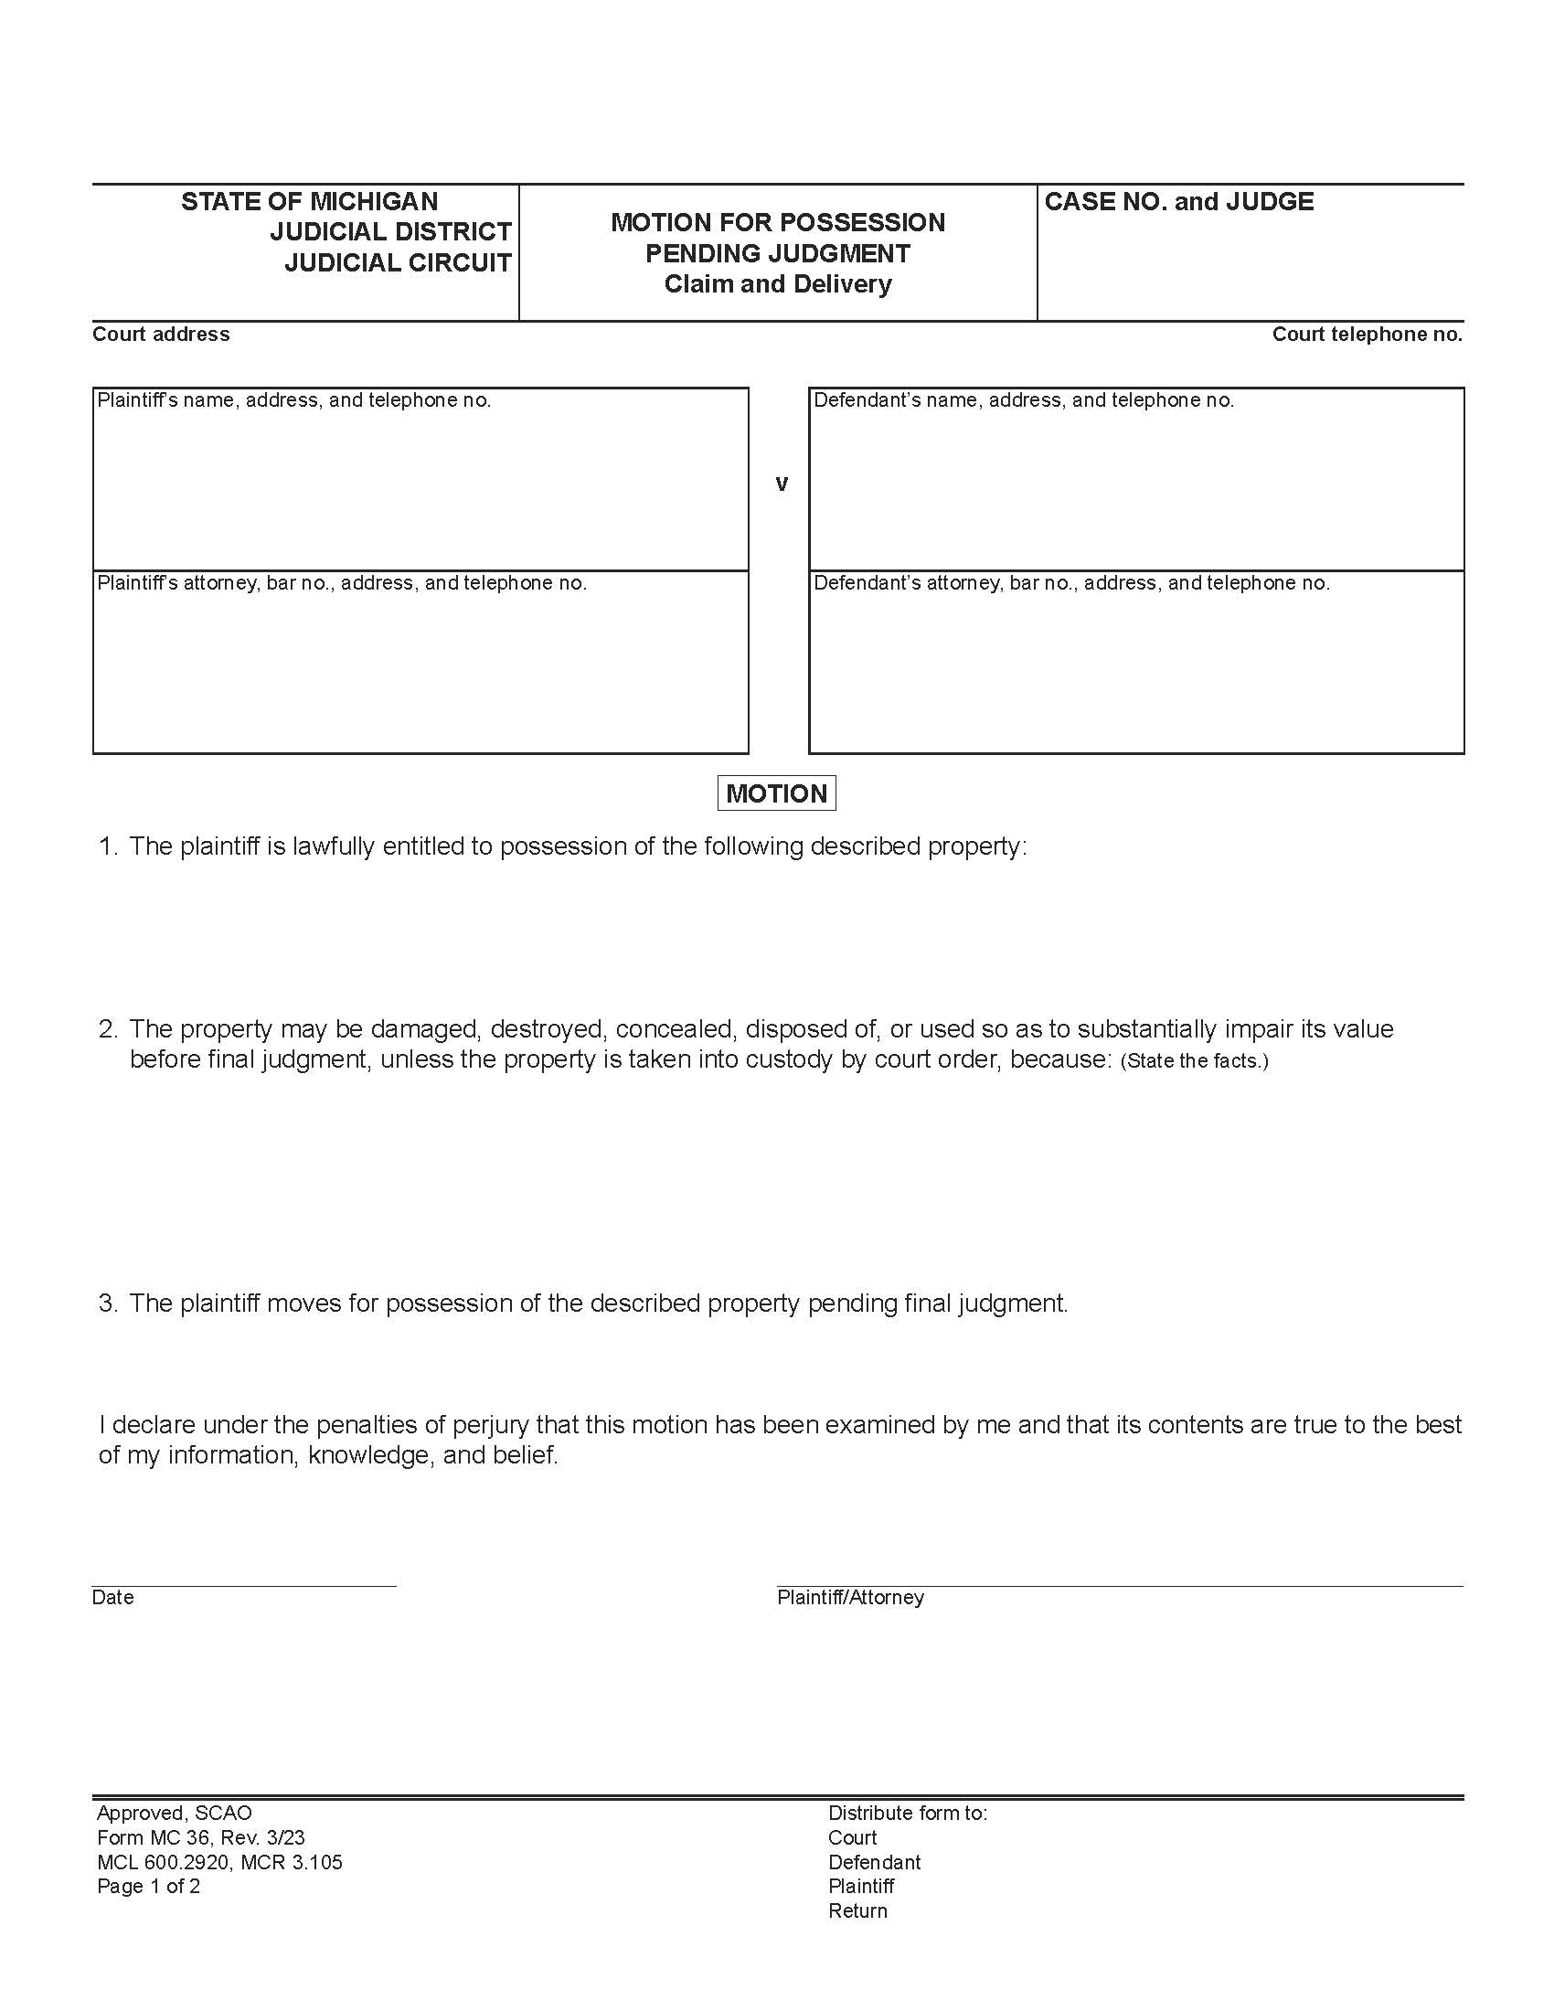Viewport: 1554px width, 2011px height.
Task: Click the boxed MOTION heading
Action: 776,793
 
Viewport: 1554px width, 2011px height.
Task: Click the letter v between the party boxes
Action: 782,484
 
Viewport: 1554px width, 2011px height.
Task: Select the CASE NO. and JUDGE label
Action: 1178,202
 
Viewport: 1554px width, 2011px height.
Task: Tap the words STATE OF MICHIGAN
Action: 309,202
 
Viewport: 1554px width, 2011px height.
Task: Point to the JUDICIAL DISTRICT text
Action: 390,231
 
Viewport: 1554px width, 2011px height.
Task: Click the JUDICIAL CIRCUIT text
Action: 398,262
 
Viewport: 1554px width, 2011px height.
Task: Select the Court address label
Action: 161,335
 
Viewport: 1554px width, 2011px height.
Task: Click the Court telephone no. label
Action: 1367,335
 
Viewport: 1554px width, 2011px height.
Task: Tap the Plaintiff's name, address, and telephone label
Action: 293,400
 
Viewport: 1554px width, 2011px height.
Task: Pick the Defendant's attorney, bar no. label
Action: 1070,583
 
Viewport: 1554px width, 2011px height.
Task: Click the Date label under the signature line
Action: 113,1598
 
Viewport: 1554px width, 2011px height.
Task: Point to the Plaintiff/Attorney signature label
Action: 850,1598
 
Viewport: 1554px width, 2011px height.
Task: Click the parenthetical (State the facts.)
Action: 1194,1060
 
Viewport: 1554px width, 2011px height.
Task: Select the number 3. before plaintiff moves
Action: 108,1303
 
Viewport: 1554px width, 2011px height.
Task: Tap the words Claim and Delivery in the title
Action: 778,283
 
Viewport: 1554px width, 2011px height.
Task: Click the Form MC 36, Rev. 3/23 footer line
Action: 201,1838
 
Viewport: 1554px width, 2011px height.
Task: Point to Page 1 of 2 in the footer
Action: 148,1886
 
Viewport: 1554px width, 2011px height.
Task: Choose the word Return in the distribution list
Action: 857,1910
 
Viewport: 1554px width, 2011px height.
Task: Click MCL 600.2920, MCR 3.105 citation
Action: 219,1862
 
